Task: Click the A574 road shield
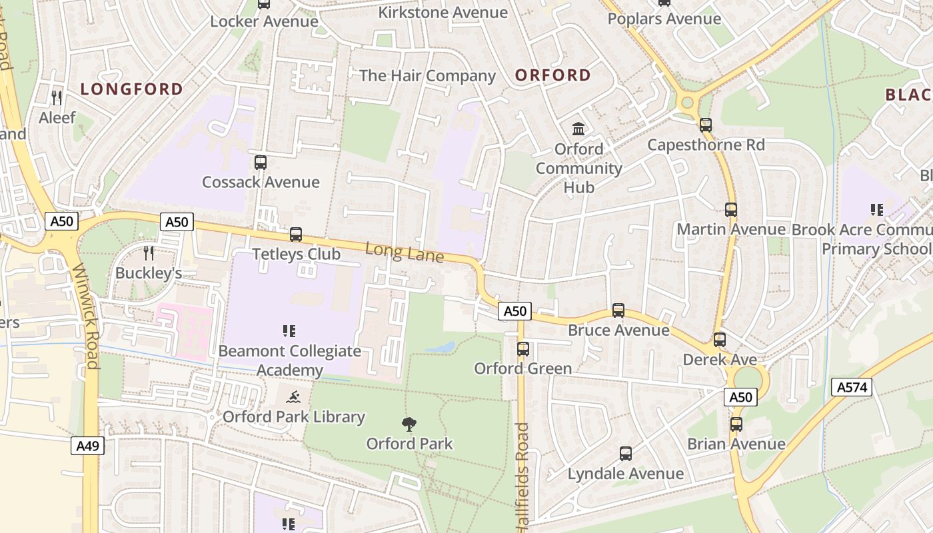852,386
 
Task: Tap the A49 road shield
87,446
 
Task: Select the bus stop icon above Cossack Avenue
261,162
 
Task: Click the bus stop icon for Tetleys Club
296,235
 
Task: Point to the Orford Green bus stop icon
523,348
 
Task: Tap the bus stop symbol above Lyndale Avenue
626,454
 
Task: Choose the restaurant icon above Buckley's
149,253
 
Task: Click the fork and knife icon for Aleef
57,98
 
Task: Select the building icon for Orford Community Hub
578,129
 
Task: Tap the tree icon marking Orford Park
409,424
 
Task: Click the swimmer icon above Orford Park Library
293,398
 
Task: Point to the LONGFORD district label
132,89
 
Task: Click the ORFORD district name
553,75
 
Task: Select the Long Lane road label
405,253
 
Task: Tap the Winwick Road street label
85,316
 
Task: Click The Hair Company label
428,76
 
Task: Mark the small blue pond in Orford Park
441,347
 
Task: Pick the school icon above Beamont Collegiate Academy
289,330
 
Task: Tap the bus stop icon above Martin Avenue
731,210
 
